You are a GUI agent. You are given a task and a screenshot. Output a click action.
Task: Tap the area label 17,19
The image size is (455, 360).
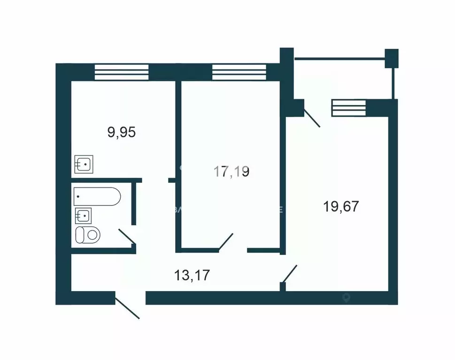231,172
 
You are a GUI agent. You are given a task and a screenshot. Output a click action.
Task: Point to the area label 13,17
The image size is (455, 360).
192,275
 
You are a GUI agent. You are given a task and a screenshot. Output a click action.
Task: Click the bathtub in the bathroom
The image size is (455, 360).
97,196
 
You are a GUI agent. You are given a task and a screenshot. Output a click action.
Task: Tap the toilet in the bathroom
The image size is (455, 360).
88,234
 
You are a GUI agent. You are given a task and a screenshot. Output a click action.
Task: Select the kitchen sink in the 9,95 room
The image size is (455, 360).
84,164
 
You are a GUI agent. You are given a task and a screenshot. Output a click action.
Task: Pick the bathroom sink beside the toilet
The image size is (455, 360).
83,216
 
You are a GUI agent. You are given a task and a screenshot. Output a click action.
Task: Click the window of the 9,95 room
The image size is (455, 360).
122,72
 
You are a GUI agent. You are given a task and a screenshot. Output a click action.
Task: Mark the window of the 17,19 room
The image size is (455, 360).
239,72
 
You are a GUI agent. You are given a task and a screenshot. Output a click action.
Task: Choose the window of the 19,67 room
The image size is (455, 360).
348,108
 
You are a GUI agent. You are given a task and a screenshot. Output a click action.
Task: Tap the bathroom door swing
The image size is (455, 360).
127,236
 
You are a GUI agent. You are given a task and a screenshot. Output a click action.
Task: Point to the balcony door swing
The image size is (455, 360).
312,119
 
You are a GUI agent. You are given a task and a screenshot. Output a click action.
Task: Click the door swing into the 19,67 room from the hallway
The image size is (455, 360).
290,274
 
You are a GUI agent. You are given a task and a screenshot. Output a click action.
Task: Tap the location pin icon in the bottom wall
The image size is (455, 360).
347,297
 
